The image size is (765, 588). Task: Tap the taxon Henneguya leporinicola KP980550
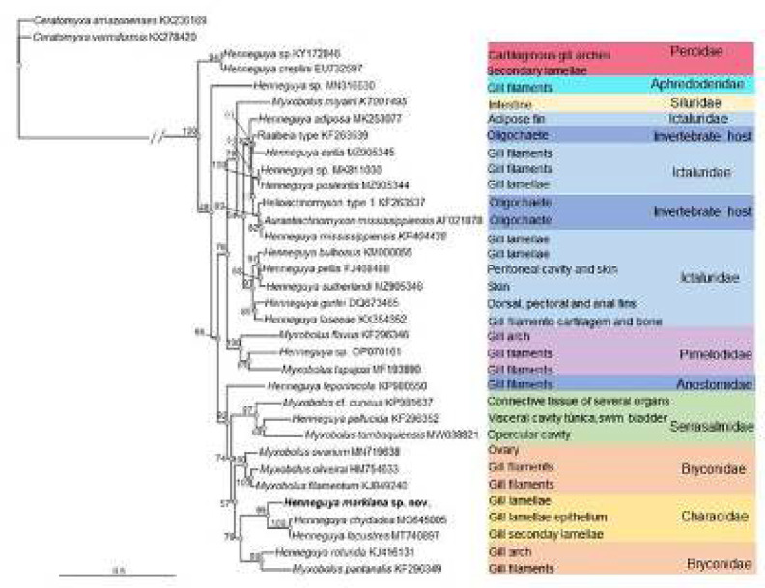(310, 385)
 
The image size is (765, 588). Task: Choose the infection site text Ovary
(502, 449)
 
